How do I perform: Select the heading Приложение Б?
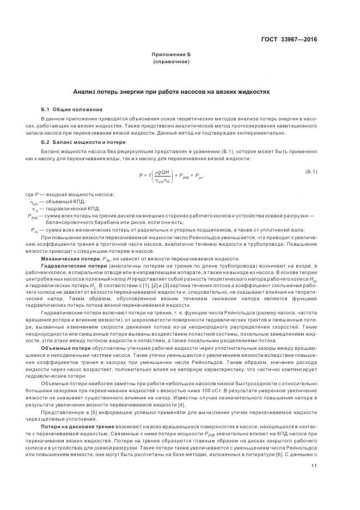[172, 55]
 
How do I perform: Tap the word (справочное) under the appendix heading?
[172, 62]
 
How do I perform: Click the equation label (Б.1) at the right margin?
[312, 172]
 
